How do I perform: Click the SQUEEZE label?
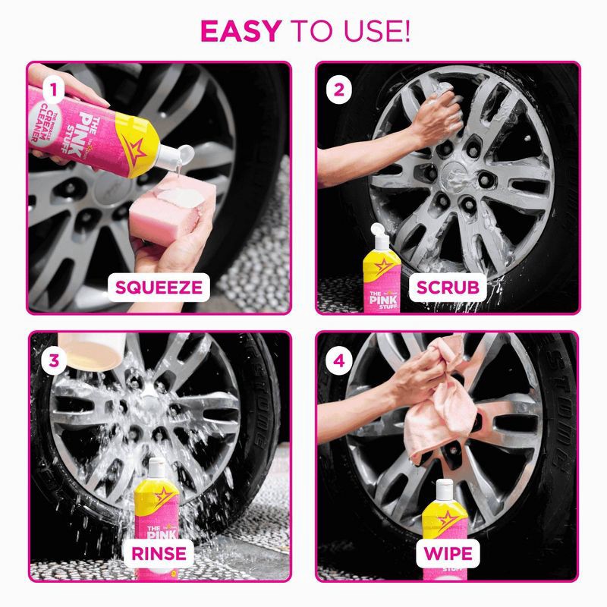[159, 287]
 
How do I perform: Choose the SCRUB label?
[448, 287]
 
